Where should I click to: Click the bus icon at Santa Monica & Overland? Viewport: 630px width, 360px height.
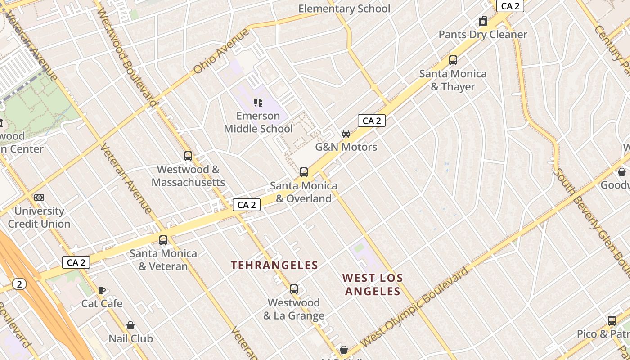(304, 172)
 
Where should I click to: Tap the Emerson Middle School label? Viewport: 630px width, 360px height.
(258, 122)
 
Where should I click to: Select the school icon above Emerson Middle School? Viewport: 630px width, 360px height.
(258, 103)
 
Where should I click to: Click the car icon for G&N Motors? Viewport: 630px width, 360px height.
(346, 134)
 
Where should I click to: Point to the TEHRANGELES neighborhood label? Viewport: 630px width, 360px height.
(274, 265)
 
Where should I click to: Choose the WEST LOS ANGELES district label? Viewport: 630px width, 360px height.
(372, 284)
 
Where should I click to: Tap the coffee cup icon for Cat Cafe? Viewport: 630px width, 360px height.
(102, 290)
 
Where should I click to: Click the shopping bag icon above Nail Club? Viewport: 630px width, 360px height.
(130, 325)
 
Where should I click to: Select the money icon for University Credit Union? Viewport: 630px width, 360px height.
(39, 198)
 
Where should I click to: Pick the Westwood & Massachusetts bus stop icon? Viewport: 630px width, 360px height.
(188, 156)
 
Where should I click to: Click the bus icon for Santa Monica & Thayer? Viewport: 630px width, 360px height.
(453, 60)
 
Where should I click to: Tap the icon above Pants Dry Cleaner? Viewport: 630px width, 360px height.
(483, 21)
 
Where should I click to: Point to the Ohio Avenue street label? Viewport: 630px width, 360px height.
(221, 51)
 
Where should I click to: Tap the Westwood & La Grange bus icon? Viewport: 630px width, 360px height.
(294, 289)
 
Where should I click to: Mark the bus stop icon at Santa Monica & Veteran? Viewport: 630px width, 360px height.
(163, 240)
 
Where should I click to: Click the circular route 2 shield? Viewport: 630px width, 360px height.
(19, 284)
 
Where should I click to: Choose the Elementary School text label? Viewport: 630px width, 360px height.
(344, 9)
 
